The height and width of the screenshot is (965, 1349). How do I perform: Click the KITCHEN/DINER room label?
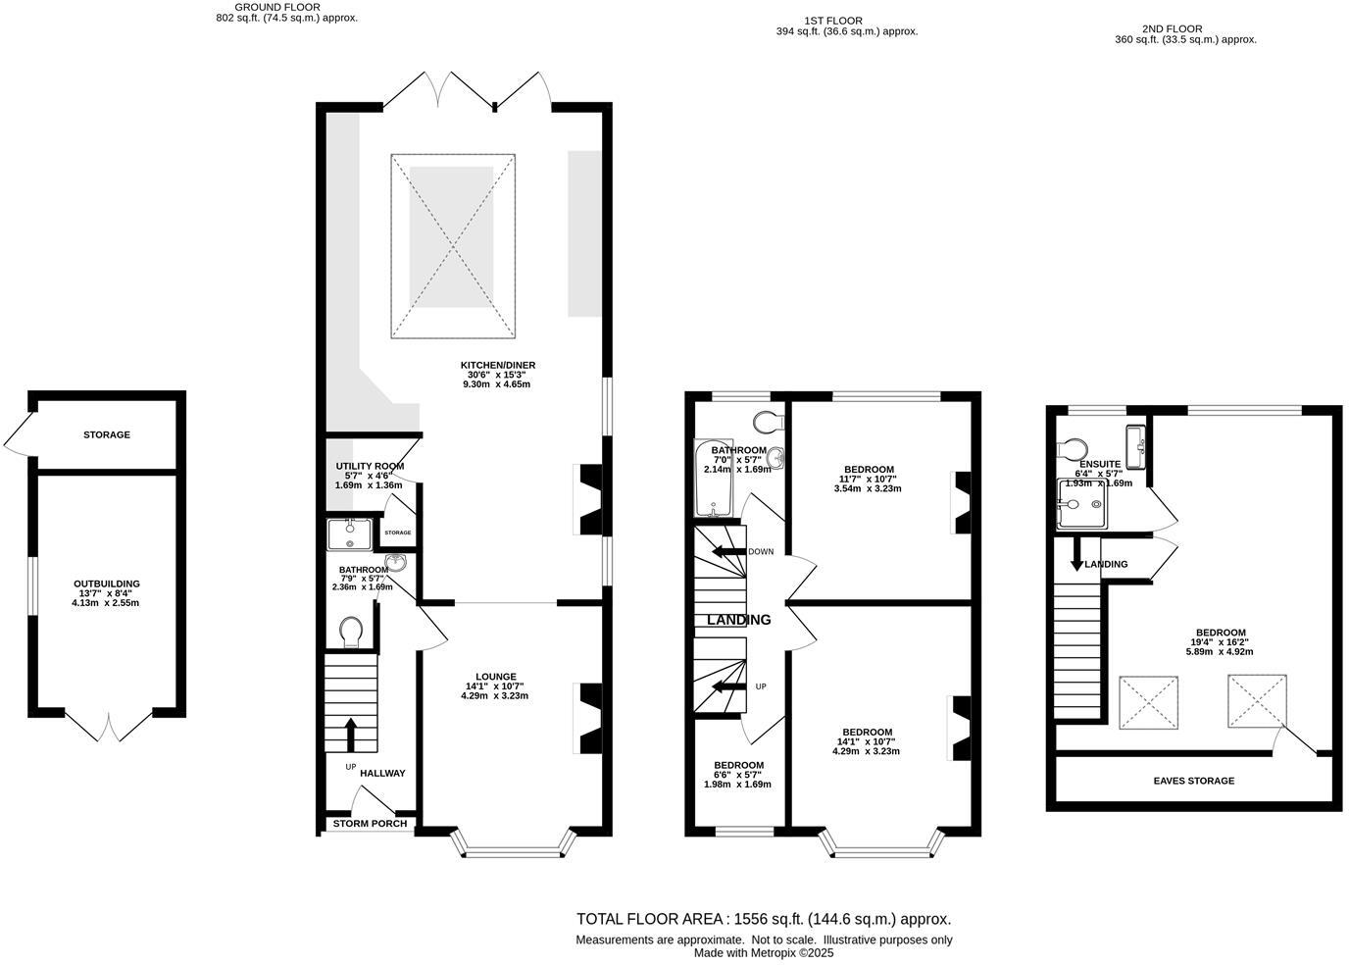[498, 365]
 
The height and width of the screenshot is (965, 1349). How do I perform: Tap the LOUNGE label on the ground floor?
[495, 676]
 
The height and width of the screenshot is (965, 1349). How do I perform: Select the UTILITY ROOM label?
[370, 466]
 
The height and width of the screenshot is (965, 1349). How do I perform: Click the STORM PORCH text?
[370, 823]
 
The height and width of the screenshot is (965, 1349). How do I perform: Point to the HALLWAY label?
[382, 773]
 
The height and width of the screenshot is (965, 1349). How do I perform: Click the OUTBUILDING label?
[106, 584]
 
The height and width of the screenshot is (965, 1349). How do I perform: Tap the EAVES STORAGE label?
[1192, 781]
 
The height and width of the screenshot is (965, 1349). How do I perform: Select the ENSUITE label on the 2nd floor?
[1099, 464]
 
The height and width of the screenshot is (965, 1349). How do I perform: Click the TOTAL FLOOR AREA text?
[764, 919]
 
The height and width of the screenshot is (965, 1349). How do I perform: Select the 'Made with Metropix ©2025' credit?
[764, 952]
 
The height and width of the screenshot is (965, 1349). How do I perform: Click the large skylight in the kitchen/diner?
[453, 246]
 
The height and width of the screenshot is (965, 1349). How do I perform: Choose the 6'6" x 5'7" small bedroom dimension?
[737, 775]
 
